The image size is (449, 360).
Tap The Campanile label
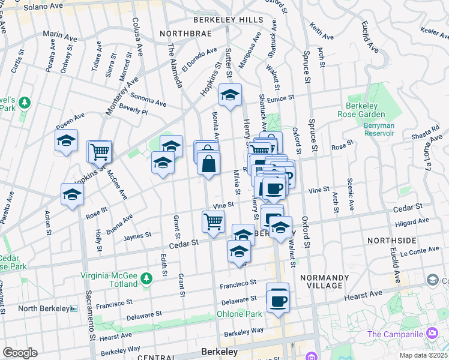pyautogui.click(x=397, y=334)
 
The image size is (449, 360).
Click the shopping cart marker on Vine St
pyautogui.click(x=214, y=223)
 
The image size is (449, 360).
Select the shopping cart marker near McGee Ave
pyautogui.click(x=100, y=152)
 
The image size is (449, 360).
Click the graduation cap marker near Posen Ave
pyautogui.click(x=67, y=142)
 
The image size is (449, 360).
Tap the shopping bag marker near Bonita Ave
pyautogui.click(x=208, y=163)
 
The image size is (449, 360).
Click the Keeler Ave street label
pyautogui.click(x=435, y=31)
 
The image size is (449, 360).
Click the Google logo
pyautogui.click(x=20, y=353)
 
